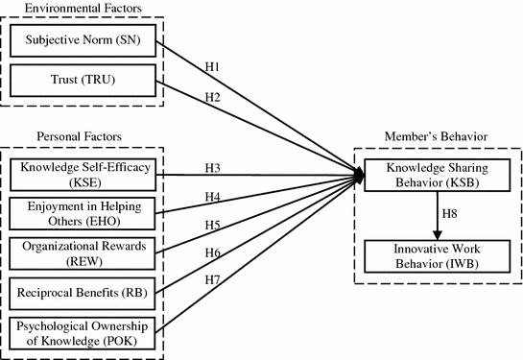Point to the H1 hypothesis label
point(215,68)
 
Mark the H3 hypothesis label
point(215,168)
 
